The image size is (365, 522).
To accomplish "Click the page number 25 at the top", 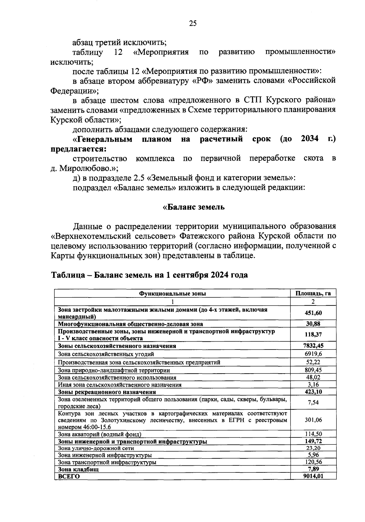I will point(193,23).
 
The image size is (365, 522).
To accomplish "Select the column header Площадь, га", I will point(313,293).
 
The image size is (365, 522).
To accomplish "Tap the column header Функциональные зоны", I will point(172,293).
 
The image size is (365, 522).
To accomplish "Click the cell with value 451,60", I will point(313,313).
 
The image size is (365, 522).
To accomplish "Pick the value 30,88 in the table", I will point(313,324).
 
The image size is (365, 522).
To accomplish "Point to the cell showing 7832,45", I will point(313,346).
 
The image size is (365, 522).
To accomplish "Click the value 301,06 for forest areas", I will point(313,420).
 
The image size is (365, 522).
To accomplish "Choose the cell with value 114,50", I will point(313,434).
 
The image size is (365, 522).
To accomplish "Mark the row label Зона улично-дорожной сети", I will point(96,448).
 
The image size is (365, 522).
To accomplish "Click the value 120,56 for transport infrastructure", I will point(313,462).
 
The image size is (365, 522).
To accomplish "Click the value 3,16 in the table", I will point(313,385).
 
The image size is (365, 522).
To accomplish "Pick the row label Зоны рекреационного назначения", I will point(107,392).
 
